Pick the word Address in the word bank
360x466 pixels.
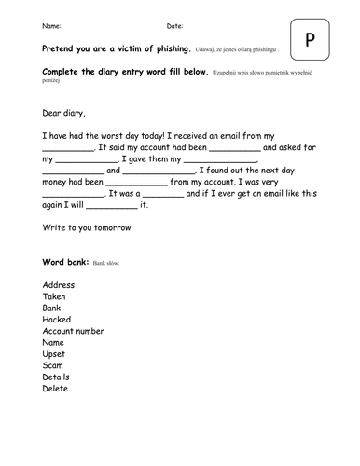pyautogui.click(x=59, y=284)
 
